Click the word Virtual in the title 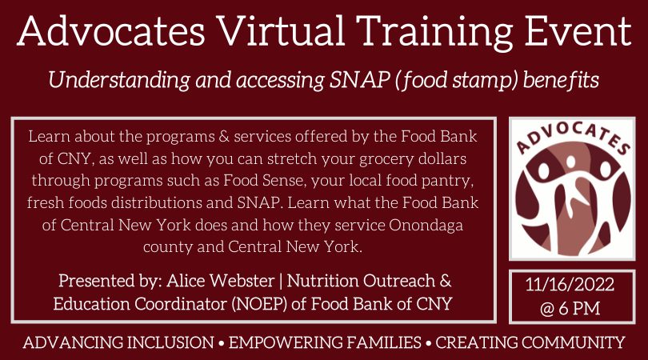282,31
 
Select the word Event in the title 578,31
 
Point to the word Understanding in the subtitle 119,80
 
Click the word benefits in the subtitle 560,79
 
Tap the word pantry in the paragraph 447,181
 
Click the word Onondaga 426,226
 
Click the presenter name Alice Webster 221,281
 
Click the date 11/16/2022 570,285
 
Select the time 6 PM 579,308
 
